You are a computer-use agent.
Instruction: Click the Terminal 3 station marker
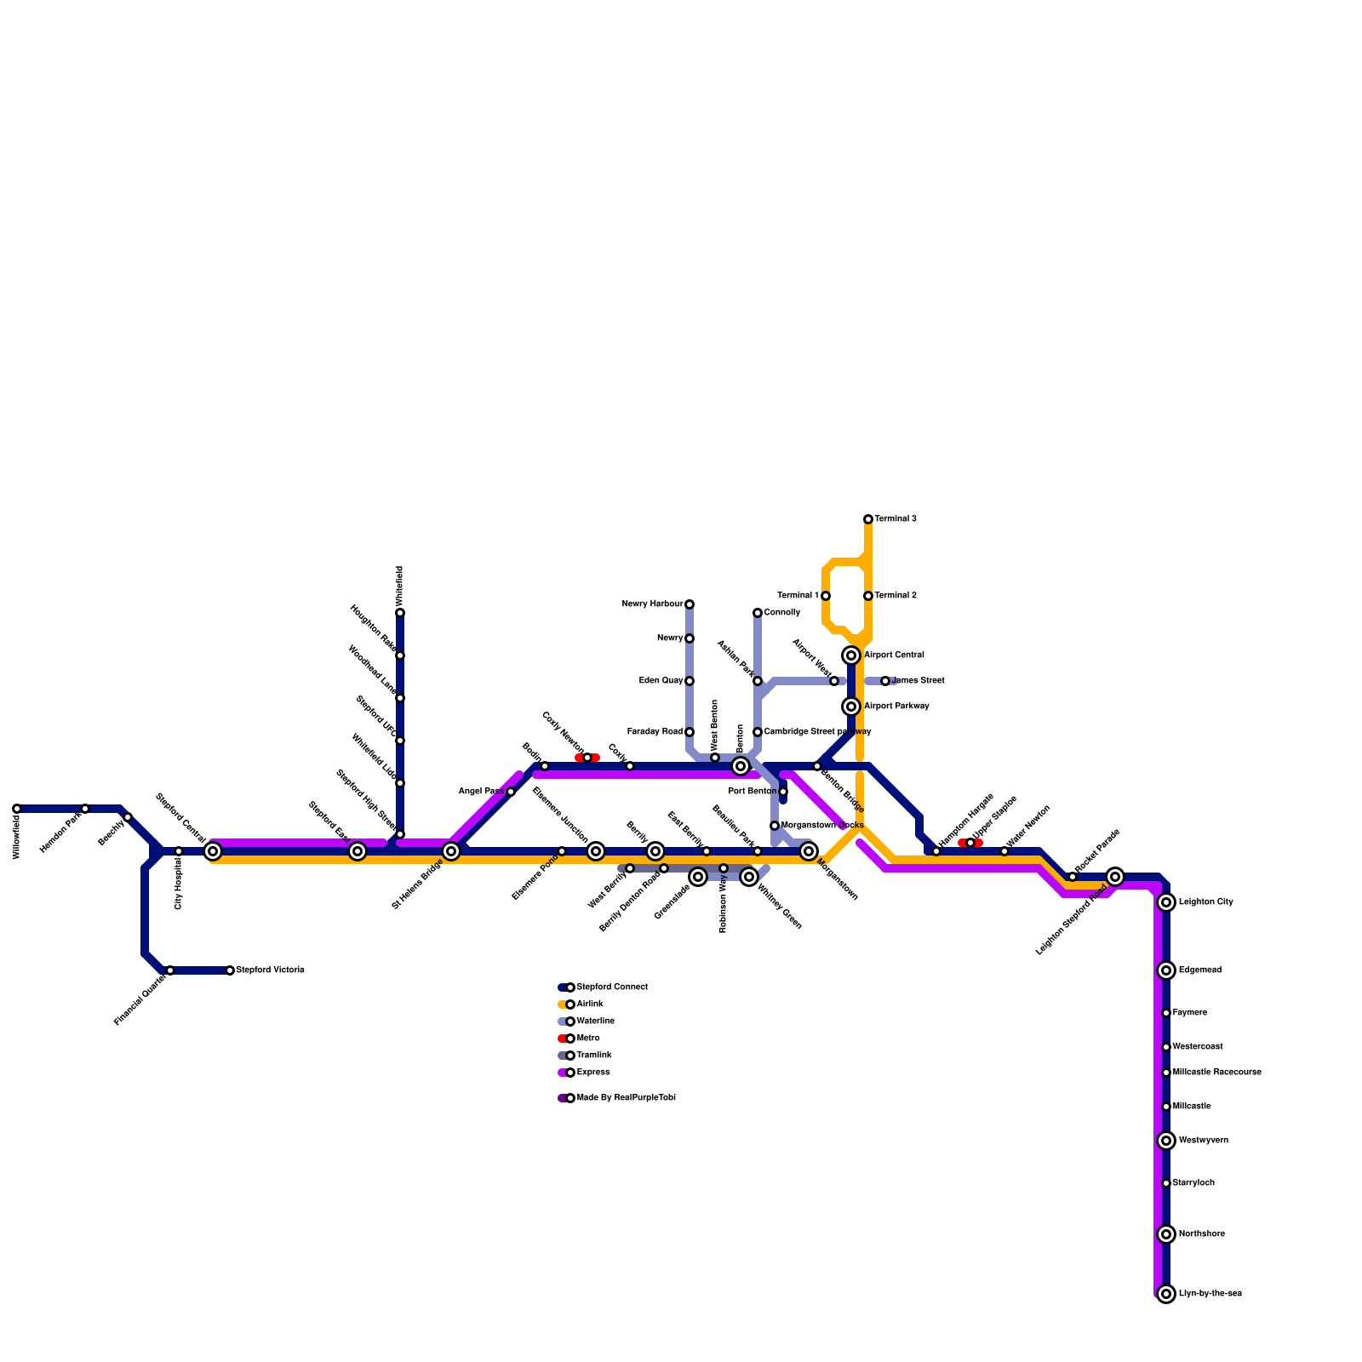(x=868, y=519)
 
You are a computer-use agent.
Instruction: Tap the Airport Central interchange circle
(x=851, y=655)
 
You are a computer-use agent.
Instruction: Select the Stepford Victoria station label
(x=270, y=970)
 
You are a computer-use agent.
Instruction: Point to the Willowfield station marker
(x=17, y=809)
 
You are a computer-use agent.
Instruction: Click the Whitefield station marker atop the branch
(x=400, y=613)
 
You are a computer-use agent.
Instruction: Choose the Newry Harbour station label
(x=652, y=604)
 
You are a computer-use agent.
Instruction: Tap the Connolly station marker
(x=758, y=613)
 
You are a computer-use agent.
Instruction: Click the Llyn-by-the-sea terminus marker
(x=1166, y=1294)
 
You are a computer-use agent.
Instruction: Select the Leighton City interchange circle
(x=1166, y=902)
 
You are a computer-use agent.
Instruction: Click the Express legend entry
(x=592, y=1073)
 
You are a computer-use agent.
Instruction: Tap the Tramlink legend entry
(x=593, y=1056)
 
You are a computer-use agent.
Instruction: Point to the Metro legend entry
(x=587, y=1039)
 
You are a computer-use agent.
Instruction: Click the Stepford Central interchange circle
(x=213, y=851)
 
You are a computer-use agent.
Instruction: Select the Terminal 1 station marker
(x=826, y=596)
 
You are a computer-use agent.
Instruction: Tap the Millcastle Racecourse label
(x=1216, y=1073)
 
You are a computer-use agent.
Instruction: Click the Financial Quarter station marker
(x=170, y=970)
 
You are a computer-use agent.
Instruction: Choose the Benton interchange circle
(x=741, y=766)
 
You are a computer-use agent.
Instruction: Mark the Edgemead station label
(x=1200, y=970)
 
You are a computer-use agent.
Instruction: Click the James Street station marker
(x=885, y=681)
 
